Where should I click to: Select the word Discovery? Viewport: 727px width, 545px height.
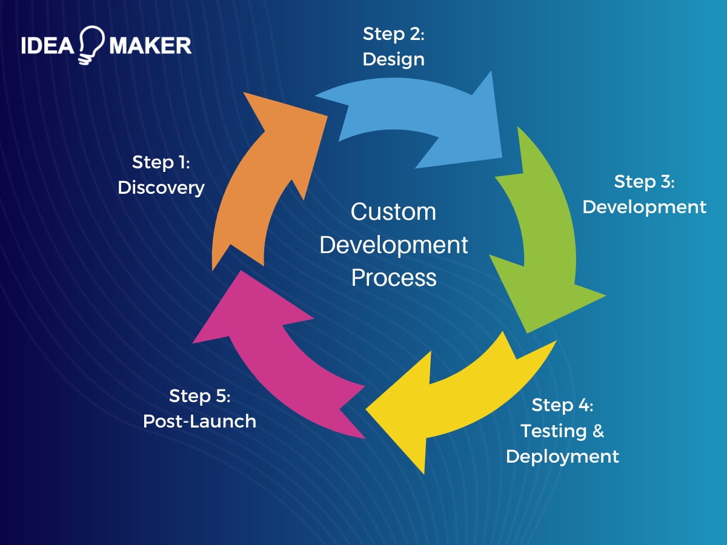coord(161,188)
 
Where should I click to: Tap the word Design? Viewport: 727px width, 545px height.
coord(393,59)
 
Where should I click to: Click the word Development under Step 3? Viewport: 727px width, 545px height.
coord(644,207)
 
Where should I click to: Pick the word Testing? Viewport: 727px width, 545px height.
coord(554,431)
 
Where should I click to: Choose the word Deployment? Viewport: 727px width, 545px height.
coord(562,456)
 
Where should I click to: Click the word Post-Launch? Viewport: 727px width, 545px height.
coord(199,421)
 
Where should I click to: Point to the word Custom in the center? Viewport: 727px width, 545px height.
coord(393,212)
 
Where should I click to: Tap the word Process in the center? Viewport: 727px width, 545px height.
coord(394,278)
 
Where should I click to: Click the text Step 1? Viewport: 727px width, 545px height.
coord(161,162)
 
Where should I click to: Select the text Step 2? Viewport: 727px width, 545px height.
coord(393,34)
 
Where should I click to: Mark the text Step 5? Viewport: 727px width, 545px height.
coord(199,395)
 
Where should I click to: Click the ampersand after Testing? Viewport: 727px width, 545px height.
coord(598,431)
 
